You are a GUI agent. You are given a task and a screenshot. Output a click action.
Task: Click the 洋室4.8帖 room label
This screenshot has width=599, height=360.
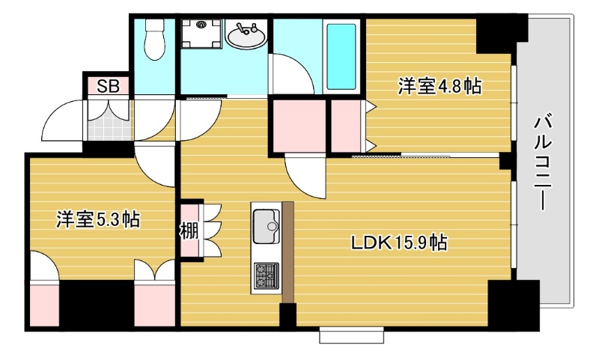pyautogui.click(x=439, y=86)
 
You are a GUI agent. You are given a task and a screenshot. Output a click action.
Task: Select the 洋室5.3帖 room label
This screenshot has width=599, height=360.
pyautogui.click(x=98, y=219)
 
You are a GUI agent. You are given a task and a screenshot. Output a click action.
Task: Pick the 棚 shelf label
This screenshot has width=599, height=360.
pyautogui.click(x=189, y=230)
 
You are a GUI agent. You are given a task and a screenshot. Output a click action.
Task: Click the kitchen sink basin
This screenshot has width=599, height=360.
pyautogui.click(x=266, y=226)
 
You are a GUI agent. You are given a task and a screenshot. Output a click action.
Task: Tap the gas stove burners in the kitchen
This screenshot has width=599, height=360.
pyautogui.click(x=266, y=275)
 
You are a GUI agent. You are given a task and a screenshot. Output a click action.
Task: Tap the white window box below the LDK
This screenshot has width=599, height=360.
pyautogui.click(x=350, y=335)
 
